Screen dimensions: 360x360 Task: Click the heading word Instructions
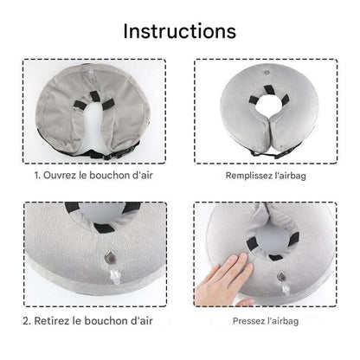point(179,30)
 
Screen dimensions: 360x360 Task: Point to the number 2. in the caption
point(37,320)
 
